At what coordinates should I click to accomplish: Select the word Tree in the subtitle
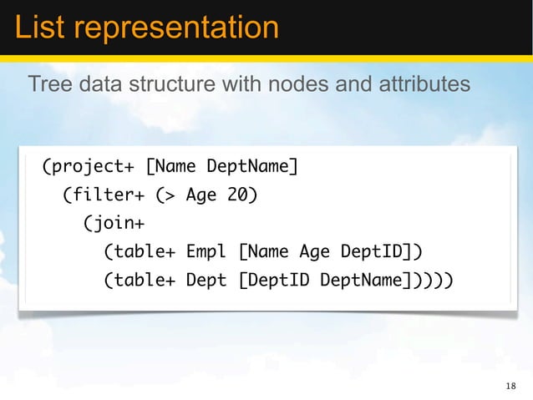tap(47, 84)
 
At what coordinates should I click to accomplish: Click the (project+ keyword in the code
tap(87, 167)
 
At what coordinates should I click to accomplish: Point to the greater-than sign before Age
tap(166, 195)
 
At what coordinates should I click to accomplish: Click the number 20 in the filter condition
tap(242, 195)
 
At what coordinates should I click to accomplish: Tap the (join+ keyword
tap(113, 224)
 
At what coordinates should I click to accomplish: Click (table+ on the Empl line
tap(139, 252)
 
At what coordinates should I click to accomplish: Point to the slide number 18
tap(511, 386)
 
